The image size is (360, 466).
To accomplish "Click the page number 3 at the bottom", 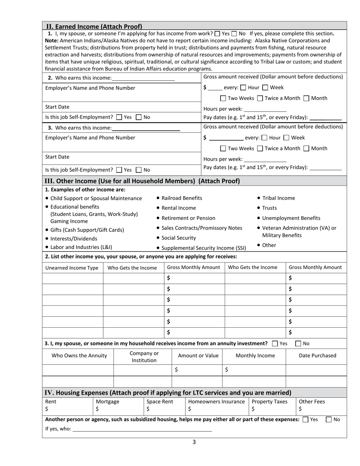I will point(194,442).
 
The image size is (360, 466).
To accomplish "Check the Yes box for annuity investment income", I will point(275,344).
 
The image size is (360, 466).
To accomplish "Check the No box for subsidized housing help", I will point(329,419).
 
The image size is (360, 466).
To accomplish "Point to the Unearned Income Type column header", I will point(72,267).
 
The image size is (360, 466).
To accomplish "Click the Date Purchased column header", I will point(317,355).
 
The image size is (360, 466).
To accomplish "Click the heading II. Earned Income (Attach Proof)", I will point(94,27).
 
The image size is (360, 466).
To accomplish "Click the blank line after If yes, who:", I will point(142,429).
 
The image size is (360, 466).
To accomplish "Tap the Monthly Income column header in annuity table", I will point(255,355).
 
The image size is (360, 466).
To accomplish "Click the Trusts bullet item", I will point(269,208).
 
